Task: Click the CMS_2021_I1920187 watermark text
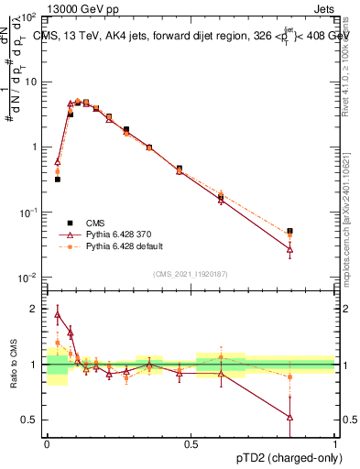(191, 273)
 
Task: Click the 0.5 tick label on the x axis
(191, 443)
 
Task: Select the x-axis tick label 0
(47, 443)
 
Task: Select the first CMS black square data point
(58, 180)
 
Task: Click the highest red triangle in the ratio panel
(58, 315)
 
